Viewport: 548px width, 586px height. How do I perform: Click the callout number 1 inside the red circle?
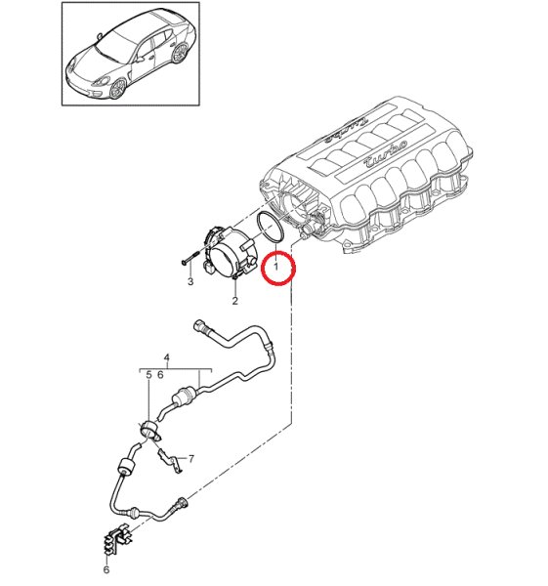pos(275,267)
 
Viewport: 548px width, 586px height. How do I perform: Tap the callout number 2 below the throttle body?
pos(234,300)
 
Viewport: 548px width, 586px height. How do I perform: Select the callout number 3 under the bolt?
pos(190,281)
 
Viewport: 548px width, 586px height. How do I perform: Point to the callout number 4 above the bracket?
pos(167,357)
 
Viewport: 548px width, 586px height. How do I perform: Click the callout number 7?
pos(191,459)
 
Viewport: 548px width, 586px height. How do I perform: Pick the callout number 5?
pos(148,374)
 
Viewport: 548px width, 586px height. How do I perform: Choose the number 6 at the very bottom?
pos(106,569)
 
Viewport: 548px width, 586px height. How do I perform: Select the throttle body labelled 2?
pos(232,253)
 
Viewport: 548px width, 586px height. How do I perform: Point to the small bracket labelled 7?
pos(169,460)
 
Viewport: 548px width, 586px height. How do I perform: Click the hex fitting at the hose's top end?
pos(199,325)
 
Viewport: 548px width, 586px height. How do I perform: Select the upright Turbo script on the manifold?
pos(385,154)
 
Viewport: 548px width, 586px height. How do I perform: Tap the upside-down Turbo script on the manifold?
pos(347,128)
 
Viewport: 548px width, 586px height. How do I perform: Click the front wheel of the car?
pos(118,89)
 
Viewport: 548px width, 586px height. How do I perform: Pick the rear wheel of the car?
pos(180,53)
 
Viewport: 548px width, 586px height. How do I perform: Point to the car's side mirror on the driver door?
pos(141,59)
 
